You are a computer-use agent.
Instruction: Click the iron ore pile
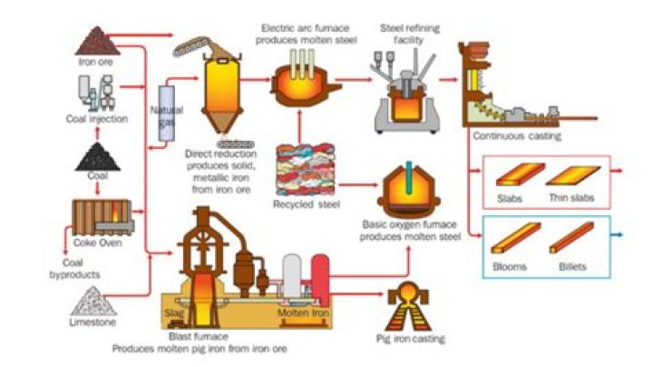[x=94, y=41]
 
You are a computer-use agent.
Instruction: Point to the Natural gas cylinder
[x=166, y=114]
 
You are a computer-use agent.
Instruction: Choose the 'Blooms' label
[x=512, y=267]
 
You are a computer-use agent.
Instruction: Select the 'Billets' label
[x=572, y=267]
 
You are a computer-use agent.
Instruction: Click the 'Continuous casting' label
[x=517, y=136]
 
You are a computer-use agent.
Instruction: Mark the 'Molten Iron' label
[x=303, y=313]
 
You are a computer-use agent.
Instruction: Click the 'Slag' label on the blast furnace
[x=174, y=313]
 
